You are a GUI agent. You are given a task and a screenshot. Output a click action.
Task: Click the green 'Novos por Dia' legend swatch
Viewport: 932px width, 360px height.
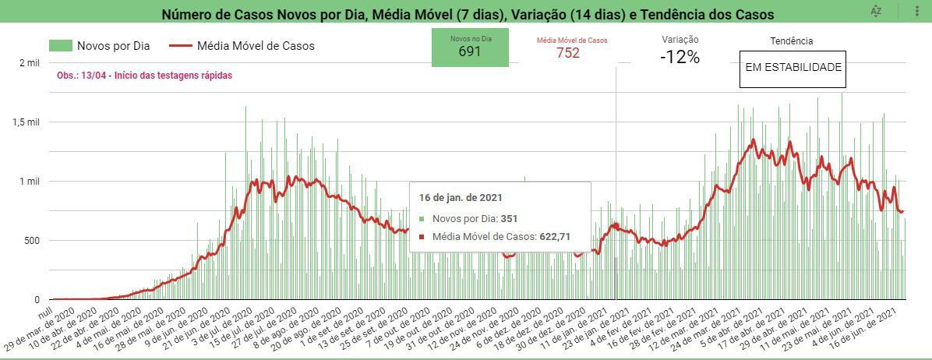point(60,46)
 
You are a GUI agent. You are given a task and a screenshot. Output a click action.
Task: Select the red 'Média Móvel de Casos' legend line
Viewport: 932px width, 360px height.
point(180,46)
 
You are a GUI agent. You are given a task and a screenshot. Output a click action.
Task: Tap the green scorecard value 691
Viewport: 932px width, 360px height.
point(470,52)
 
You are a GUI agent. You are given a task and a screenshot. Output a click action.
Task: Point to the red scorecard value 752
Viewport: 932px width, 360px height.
point(568,53)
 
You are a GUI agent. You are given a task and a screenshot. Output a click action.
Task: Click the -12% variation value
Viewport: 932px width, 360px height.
point(680,57)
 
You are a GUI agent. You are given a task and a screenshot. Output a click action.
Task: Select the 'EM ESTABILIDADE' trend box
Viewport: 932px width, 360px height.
point(793,68)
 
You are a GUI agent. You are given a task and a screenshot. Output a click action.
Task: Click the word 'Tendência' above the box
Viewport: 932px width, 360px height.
point(791,41)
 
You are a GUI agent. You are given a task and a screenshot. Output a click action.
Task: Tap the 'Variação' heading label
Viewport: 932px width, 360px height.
point(680,40)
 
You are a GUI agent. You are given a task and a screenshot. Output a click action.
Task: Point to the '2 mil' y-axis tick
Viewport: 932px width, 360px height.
point(29,63)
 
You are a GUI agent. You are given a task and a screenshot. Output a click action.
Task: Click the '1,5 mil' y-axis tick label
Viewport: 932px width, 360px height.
point(25,122)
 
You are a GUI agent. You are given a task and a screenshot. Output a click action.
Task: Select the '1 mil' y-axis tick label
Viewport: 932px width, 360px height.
point(29,182)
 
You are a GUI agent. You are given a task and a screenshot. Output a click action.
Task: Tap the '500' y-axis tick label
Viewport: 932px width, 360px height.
point(30,241)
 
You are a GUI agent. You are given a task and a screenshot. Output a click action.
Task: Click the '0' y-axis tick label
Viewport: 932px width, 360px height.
point(36,300)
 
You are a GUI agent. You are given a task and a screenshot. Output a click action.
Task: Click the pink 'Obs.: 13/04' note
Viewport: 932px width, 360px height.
point(144,76)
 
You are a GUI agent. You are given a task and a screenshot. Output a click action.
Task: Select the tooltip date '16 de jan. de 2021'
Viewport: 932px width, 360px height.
point(460,198)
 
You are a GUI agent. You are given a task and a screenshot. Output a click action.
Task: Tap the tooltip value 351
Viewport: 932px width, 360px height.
point(509,219)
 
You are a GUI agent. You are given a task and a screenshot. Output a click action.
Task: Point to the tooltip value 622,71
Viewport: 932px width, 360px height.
point(555,237)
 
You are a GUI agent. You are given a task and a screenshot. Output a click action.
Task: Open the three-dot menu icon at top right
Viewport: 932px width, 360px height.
point(917,11)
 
